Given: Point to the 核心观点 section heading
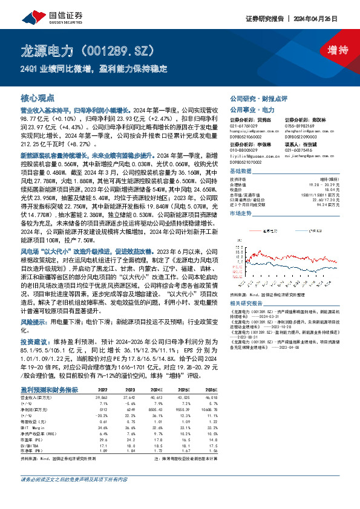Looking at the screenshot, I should pos(38,97).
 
